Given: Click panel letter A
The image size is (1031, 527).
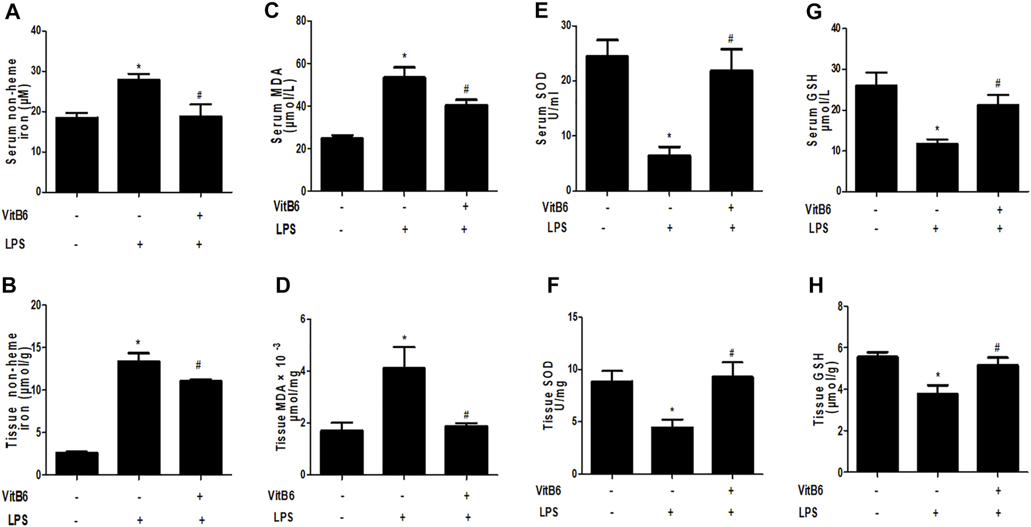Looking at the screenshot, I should pos(12,12).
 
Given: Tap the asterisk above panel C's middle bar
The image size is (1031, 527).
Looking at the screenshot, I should pos(404,56).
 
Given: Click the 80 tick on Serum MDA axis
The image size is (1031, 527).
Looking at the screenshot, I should pos(301,21).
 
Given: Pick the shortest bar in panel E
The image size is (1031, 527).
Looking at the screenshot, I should pos(669,173).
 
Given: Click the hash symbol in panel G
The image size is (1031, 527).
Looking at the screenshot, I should pos(997,84).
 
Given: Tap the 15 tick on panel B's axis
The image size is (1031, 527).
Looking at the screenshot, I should pos(38,348).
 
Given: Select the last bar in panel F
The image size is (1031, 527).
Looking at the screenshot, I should pos(732,425).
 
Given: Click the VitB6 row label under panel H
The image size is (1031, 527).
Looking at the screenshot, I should pos(810,490).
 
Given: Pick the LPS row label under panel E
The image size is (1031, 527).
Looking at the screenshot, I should pos(556,228).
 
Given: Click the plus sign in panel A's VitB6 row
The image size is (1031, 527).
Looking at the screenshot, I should pos(200,215).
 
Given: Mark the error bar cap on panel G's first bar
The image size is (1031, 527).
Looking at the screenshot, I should pos(876,73).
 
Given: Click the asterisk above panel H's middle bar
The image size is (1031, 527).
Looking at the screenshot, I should pos(937,376).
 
